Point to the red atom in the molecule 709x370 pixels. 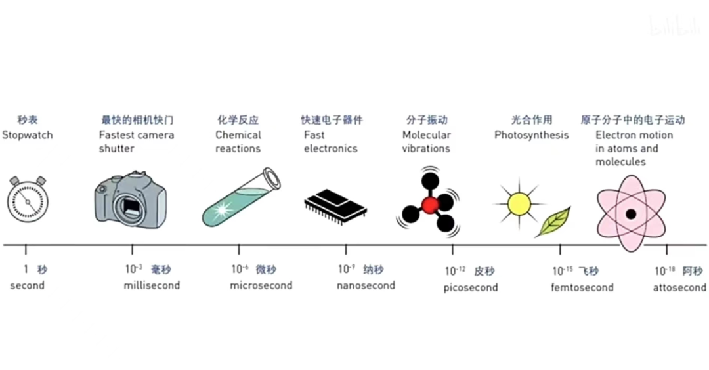pyautogui.click(x=430, y=205)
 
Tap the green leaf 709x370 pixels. pyautogui.click(x=553, y=222)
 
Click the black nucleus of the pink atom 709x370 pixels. pyautogui.click(x=630, y=214)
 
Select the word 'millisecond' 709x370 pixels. pyautogui.click(x=152, y=285)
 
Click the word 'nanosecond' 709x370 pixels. pyautogui.click(x=366, y=285)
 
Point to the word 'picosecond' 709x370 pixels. pyautogui.click(x=471, y=287)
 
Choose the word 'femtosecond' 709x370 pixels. pyautogui.click(x=582, y=287)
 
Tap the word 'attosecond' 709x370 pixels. pyautogui.click(x=679, y=287)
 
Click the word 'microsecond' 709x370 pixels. pyautogui.click(x=261, y=285)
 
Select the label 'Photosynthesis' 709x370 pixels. pyautogui.click(x=531, y=135)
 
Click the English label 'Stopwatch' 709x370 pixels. pyautogui.click(x=27, y=135)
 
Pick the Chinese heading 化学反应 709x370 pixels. pyautogui.click(x=238, y=120)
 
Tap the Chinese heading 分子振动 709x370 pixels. pyautogui.click(x=427, y=120)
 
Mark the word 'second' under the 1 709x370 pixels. pyautogui.click(x=27, y=285)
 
